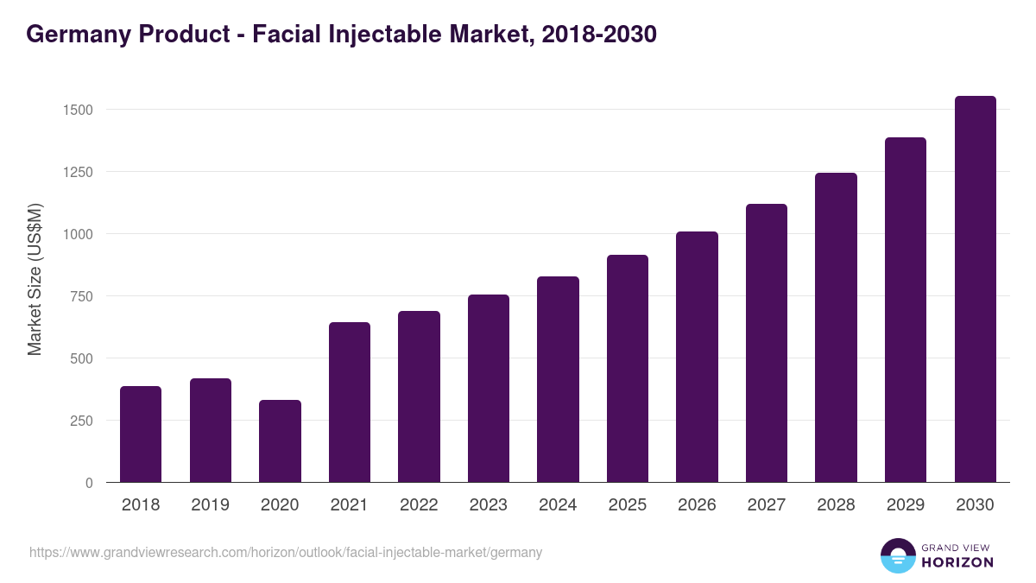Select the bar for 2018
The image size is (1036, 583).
[141, 434]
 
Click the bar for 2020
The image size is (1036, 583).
[280, 440]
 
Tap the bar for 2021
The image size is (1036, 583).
[350, 402]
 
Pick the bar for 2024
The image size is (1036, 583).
[558, 379]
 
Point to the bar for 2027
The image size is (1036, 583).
[767, 343]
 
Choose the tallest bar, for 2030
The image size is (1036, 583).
[975, 288]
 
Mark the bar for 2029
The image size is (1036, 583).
[906, 309]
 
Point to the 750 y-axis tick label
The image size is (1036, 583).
[80, 296]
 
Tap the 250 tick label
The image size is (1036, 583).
[80, 421]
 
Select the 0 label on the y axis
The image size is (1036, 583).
[89, 483]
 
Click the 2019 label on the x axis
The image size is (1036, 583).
[210, 505]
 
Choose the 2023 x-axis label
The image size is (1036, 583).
[489, 505]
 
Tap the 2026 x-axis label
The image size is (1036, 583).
[697, 505]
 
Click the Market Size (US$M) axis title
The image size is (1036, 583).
[35, 279]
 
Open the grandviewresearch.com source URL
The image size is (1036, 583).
[286, 552]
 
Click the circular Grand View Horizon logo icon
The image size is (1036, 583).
[897, 556]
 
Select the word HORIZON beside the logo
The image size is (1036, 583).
[957, 562]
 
